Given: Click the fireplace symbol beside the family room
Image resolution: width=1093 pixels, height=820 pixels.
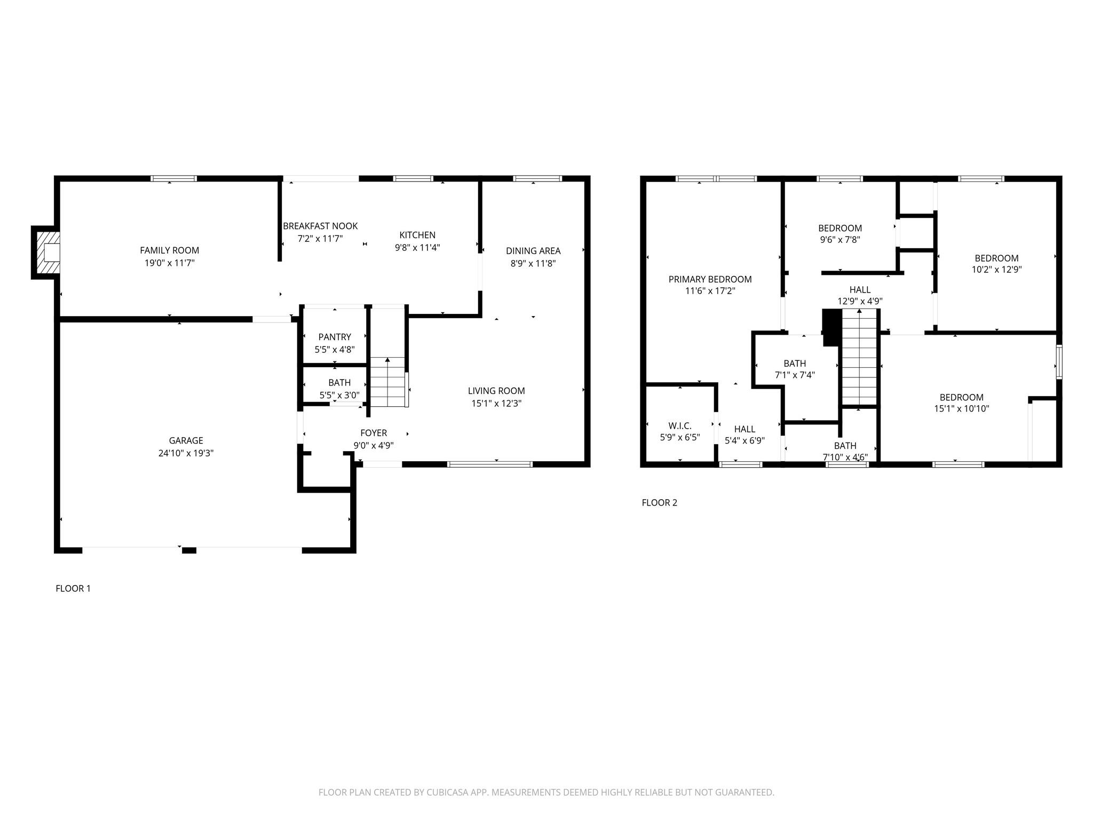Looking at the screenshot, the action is [x=45, y=252].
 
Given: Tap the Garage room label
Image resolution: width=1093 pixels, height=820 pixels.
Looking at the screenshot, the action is [x=186, y=440].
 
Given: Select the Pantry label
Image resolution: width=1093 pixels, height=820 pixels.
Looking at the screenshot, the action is [x=335, y=337].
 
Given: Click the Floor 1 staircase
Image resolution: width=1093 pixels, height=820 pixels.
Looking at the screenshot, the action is [x=388, y=382].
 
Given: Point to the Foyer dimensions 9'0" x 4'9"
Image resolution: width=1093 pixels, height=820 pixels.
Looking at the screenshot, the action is [x=374, y=445].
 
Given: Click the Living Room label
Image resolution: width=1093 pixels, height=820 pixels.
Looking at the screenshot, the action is [x=496, y=391].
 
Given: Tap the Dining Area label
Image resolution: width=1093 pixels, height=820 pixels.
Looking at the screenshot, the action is [x=533, y=251].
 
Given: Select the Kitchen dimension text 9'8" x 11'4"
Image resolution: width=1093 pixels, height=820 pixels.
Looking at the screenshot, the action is [x=417, y=247].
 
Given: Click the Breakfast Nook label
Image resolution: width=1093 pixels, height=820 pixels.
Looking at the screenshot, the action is [x=320, y=226].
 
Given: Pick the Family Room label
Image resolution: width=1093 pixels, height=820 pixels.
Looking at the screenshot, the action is [x=169, y=250].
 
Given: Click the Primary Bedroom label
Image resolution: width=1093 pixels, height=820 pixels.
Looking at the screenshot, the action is [x=710, y=279].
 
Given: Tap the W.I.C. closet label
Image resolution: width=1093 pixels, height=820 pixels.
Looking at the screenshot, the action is [x=680, y=425].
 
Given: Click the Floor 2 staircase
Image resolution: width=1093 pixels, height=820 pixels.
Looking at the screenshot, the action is [x=860, y=358].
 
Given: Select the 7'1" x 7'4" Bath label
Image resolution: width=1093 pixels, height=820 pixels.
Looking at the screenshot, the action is [x=795, y=364].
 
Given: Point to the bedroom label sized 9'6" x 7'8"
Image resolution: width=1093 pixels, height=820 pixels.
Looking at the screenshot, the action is [x=840, y=228].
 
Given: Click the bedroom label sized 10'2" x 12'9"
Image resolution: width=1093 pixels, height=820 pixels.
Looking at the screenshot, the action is [x=996, y=258].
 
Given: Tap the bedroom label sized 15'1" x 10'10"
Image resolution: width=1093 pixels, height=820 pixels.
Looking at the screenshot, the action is [x=961, y=397].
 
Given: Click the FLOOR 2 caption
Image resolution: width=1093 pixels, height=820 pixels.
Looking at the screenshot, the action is [x=659, y=502].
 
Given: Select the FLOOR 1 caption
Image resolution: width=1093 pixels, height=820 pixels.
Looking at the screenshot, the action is [x=73, y=588].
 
